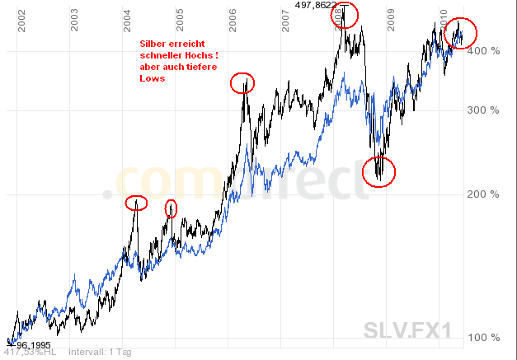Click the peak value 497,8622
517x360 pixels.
click(316, 5)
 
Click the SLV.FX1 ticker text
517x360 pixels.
click(407, 330)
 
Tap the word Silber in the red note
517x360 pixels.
click(154, 42)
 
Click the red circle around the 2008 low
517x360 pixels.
click(379, 171)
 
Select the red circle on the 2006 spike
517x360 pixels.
click(242, 82)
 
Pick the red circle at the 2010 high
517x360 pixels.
click(459, 32)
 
